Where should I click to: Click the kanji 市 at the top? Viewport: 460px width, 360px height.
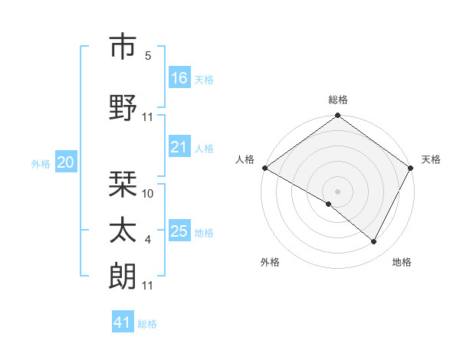[x=123, y=47]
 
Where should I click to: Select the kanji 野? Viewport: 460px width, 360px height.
[x=123, y=107]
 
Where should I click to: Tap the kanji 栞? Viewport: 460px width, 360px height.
[x=123, y=184]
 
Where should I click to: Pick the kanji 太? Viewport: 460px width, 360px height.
[x=123, y=231]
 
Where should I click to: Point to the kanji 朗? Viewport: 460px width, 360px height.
[x=123, y=277]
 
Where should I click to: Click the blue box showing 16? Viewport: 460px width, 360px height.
[x=179, y=78]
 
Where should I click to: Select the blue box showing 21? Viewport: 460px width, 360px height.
[x=179, y=148]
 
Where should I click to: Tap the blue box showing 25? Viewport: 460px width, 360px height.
[x=179, y=231]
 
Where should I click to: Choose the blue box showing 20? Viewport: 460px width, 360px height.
[x=66, y=162]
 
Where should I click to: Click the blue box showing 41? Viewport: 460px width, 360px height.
[x=123, y=322]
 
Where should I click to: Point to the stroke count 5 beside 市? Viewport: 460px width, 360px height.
[x=148, y=56]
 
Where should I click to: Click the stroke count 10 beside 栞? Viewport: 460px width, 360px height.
[x=149, y=194]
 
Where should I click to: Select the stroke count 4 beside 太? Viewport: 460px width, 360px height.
[x=148, y=240]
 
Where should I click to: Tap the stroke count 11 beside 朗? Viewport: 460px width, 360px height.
[x=149, y=286]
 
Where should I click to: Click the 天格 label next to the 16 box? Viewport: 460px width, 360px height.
[x=204, y=79]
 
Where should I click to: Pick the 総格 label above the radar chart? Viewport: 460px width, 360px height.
[x=338, y=100]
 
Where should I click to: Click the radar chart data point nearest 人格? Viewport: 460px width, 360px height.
[x=264, y=168]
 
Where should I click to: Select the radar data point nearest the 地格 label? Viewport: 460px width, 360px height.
[x=374, y=241]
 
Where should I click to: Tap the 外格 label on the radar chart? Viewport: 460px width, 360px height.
[x=270, y=263]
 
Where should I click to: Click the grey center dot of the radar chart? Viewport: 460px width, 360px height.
[x=337, y=191]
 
